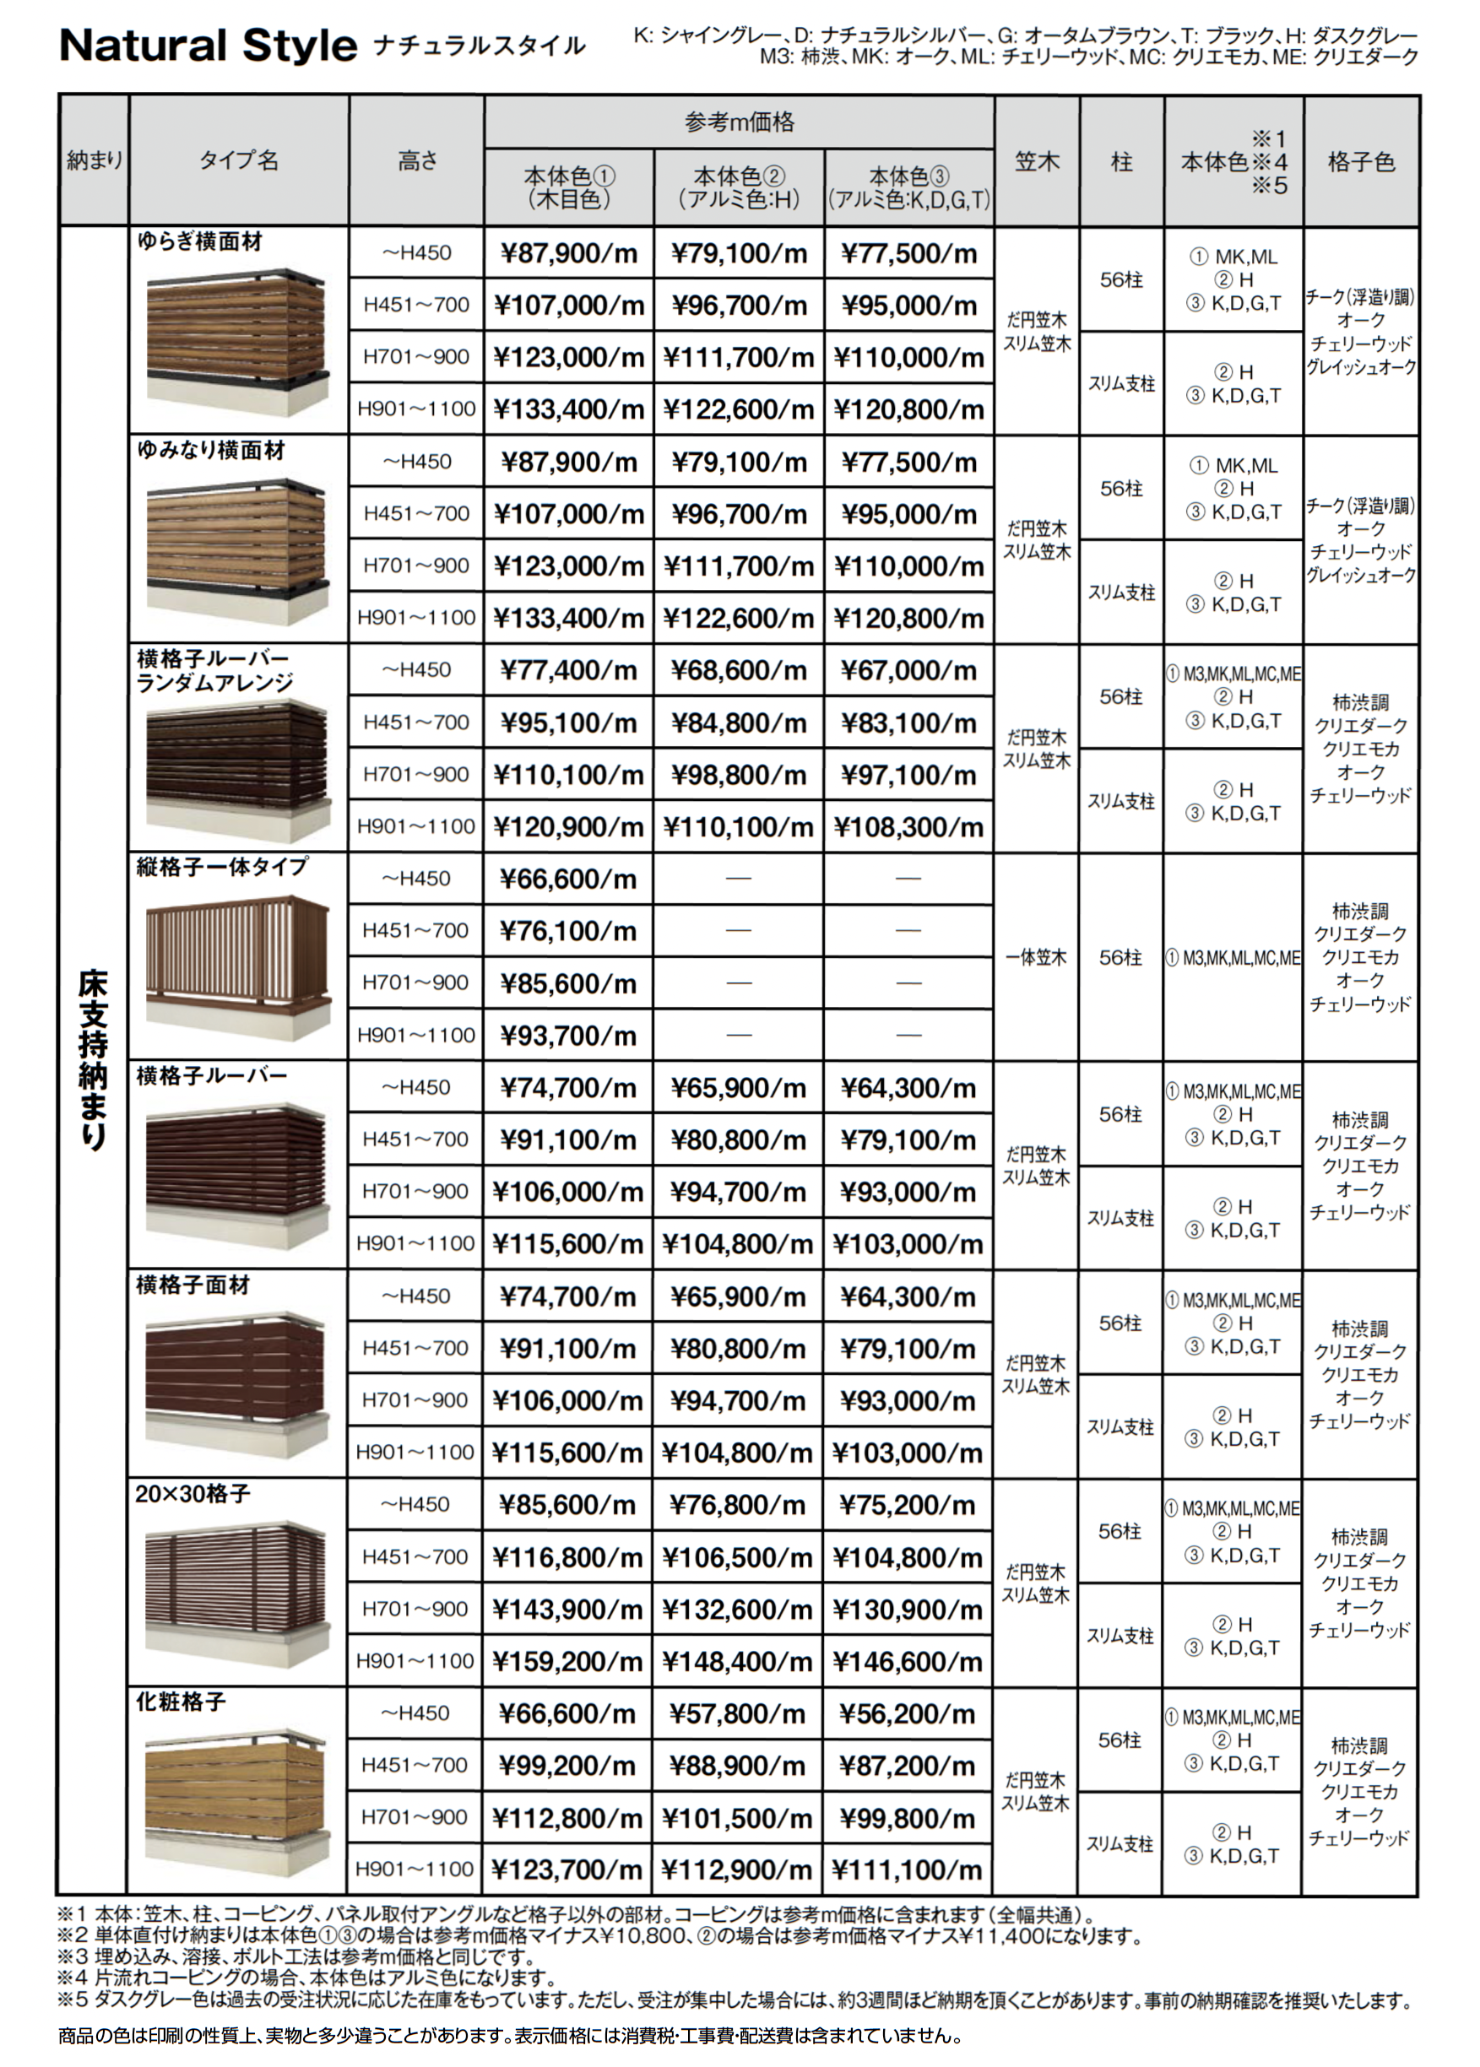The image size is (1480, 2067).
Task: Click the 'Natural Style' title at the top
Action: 208,46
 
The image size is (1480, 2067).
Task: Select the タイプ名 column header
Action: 239,161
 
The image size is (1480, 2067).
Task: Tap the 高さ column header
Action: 416,161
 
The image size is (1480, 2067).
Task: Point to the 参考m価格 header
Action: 739,122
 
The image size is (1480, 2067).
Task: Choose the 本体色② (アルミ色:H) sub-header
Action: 739,187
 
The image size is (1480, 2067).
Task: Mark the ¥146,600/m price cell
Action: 908,1662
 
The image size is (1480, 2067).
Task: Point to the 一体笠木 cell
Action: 1036,957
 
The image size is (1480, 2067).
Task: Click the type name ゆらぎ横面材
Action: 199,242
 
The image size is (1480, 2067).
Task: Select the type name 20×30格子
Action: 192,1494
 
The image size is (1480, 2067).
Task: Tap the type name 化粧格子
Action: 181,1702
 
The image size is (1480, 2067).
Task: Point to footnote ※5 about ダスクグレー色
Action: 734,2001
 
